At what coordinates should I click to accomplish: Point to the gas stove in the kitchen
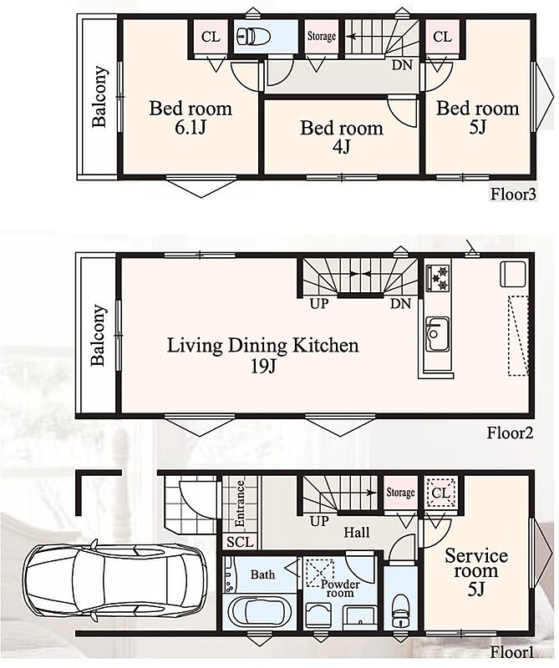(x=439, y=278)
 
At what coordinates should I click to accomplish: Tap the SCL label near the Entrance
(x=240, y=542)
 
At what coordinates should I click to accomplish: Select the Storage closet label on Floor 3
(x=322, y=36)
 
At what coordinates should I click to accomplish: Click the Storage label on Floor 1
(x=400, y=493)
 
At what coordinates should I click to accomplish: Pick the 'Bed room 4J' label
(x=342, y=137)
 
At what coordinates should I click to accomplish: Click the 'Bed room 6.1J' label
(x=191, y=117)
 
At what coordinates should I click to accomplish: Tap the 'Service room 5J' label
(x=476, y=571)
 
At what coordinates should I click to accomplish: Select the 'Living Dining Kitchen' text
(x=262, y=345)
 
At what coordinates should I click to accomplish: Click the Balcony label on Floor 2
(x=98, y=336)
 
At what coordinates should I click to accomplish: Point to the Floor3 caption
(x=513, y=195)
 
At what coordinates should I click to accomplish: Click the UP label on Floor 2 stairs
(x=319, y=304)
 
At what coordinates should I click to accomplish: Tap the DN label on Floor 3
(x=402, y=65)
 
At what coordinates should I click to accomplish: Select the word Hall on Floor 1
(x=357, y=532)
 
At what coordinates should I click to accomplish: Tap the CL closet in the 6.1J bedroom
(x=211, y=37)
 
